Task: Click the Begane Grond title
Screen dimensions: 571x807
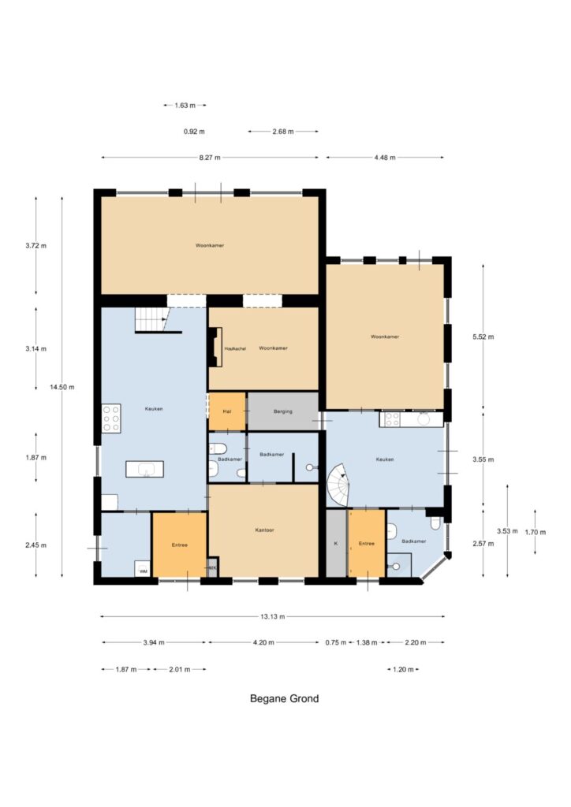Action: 284,698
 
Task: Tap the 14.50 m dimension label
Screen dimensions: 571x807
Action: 62,387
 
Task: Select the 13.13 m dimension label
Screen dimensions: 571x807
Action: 272,616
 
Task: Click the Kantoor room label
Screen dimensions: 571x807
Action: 265,530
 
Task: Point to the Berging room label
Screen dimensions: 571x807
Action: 282,411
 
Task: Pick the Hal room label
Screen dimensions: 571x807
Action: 227,411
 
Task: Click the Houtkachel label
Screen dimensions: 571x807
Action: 235,348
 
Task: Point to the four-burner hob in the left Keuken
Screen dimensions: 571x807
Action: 111,418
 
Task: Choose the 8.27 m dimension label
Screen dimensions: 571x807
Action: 210,158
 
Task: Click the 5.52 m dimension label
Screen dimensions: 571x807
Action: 483,337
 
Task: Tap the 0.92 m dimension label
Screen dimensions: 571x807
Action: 194,132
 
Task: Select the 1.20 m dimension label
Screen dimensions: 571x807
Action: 403,670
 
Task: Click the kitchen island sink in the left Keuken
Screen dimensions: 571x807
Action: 144,469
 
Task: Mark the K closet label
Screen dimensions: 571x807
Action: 336,543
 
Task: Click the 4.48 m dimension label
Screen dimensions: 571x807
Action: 385,158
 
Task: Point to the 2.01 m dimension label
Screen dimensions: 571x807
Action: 180,670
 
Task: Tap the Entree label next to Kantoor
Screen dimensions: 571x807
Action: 180,545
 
